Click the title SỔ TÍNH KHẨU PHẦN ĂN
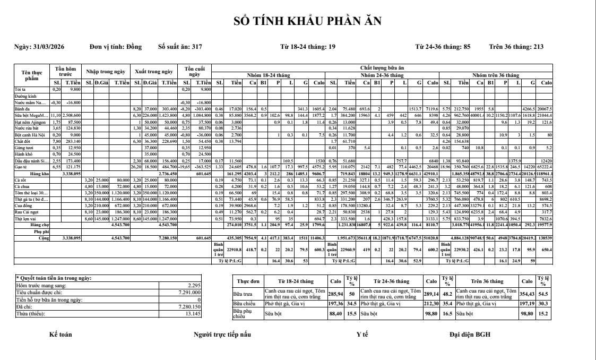tap(308, 21)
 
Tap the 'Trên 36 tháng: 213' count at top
tap(516, 47)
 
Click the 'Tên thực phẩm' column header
tap(31, 75)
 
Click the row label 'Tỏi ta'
tap(20, 90)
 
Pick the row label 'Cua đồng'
tap(22, 205)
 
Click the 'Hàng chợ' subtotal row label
tap(38, 225)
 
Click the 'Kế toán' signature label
tap(61, 335)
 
